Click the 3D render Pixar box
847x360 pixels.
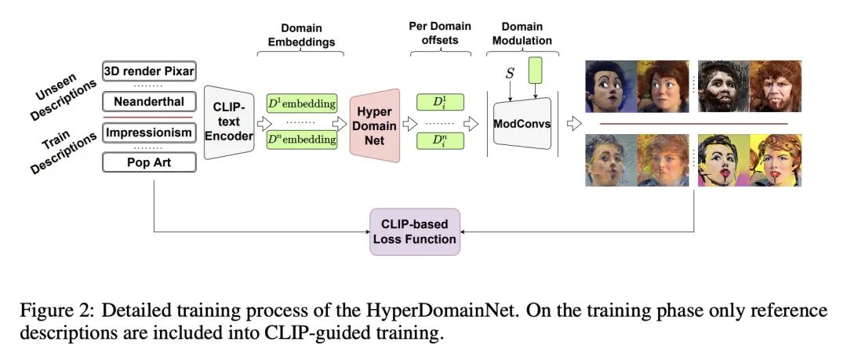149,71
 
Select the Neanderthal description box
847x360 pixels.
149,102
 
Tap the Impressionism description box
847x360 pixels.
149,133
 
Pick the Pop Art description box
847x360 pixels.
149,162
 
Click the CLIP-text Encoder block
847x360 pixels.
229,122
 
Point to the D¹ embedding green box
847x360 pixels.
302,102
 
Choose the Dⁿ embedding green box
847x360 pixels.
302,140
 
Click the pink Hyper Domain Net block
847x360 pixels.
375,125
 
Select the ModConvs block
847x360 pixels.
522,123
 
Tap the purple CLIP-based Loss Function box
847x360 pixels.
415,231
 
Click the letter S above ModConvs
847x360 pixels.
510,73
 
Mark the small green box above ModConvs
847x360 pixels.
535,71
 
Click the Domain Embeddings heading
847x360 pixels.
300,35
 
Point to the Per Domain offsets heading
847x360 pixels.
440,33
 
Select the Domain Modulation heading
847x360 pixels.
522,34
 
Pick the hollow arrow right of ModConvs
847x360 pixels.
573,124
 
